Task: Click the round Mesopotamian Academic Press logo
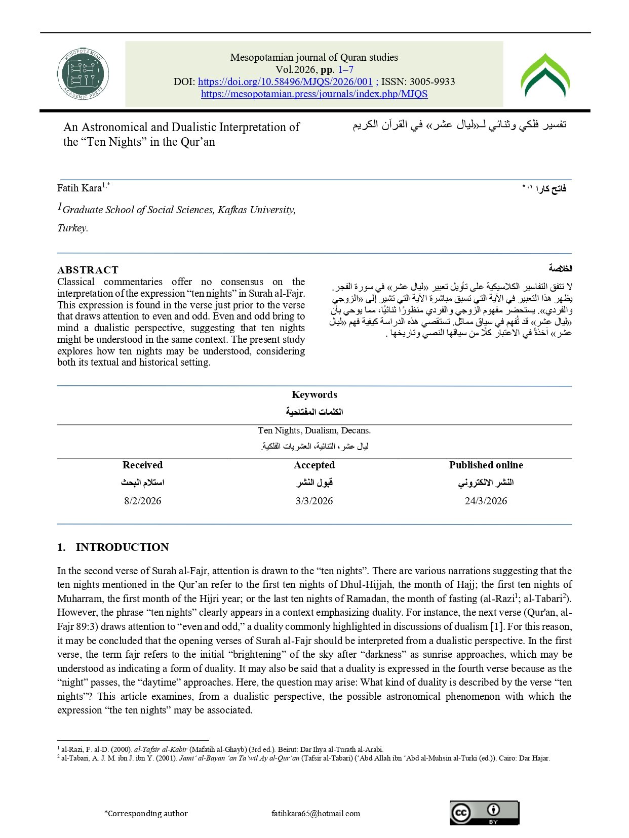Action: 83,74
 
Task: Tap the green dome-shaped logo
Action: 545,76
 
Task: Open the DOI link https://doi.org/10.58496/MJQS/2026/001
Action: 285,82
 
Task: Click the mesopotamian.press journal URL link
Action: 314,94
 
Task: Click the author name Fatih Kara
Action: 80,188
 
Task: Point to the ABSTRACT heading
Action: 88,270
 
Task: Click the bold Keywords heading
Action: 314,394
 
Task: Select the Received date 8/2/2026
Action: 142,501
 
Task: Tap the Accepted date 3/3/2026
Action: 314,501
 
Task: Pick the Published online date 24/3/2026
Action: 486,501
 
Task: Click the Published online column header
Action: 486,465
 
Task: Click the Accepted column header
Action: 314,465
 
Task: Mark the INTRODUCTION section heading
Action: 122,547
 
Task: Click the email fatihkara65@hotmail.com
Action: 316,813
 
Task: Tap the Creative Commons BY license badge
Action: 484,813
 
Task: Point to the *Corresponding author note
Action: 146,813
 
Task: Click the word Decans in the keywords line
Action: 356,430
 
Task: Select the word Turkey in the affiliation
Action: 72,228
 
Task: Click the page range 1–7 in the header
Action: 345,69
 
